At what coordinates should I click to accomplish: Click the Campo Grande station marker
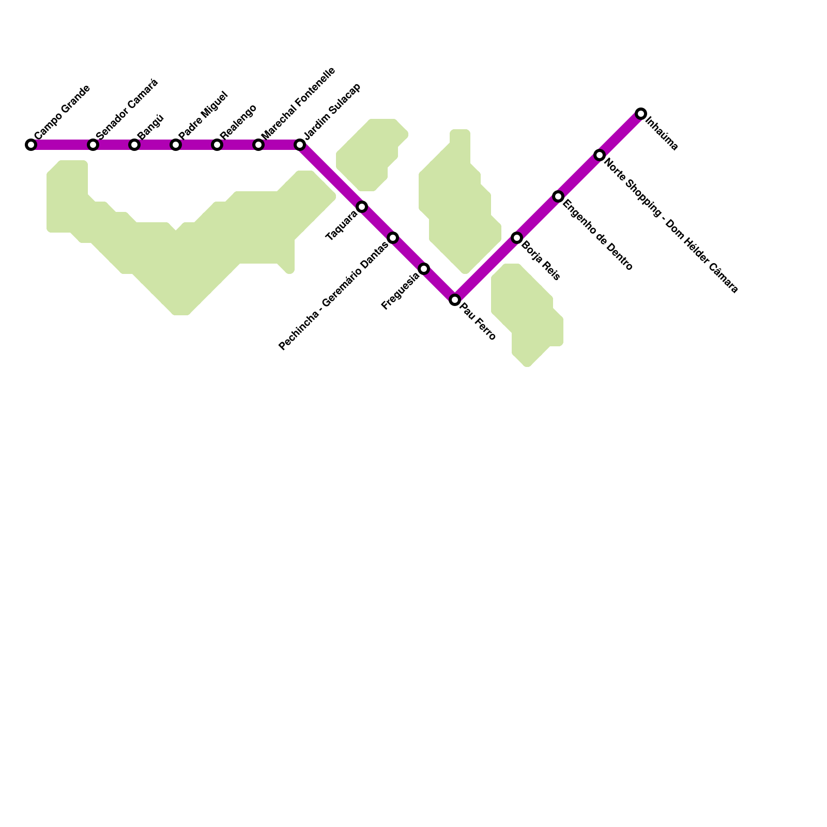click(x=31, y=145)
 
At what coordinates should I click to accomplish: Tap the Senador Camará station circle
click(x=93, y=145)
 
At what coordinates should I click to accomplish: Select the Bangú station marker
click(x=134, y=145)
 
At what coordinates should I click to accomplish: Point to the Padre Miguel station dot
click(x=176, y=145)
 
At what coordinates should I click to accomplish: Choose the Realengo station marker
click(x=217, y=145)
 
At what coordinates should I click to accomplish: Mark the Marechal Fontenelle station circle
click(x=258, y=145)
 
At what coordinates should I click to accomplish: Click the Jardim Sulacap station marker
click(x=300, y=145)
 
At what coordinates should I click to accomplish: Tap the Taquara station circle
click(x=362, y=207)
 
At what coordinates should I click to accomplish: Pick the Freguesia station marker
click(x=424, y=269)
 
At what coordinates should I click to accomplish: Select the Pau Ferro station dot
click(x=455, y=300)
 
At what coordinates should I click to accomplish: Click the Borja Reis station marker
click(x=517, y=238)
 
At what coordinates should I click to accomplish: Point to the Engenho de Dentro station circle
click(x=558, y=196)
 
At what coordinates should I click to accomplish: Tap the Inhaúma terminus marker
click(x=641, y=114)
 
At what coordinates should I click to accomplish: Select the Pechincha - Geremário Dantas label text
click(x=333, y=296)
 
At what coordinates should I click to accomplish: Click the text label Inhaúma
click(x=662, y=135)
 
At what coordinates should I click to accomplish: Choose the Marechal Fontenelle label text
click(x=298, y=103)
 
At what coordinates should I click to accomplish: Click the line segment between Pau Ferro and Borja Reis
click(x=486, y=269)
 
